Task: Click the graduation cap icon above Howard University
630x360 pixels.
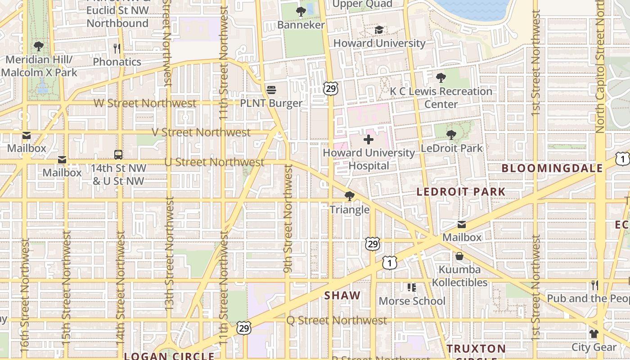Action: tap(379, 30)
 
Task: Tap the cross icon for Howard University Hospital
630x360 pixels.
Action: tap(369, 139)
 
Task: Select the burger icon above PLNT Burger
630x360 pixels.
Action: tap(271, 90)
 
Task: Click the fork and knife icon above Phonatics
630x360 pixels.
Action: tap(117, 48)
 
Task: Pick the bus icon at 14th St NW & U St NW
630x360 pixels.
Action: tap(118, 155)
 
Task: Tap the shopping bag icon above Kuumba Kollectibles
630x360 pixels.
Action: tap(459, 256)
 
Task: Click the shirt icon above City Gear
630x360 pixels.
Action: tap(594, 334)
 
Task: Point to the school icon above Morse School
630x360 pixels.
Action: tap(412, 288)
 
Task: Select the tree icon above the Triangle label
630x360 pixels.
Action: tap(349, 196)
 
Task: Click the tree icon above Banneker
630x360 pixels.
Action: tap(301, 12)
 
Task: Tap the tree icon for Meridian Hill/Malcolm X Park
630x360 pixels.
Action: tap(39, 46)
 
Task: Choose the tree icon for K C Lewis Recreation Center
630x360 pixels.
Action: tap(441, 78)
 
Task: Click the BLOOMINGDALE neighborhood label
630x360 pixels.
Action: tap(552, 168)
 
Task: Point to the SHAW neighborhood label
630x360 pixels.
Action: tap(342, 295)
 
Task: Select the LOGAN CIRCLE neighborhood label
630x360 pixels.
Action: tap(169, 356)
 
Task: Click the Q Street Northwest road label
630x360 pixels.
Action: tap(337, 320)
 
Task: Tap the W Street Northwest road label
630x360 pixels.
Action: tap(145, 103)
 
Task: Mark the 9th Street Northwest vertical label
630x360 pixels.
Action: tap(288, 218)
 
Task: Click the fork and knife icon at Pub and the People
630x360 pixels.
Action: tap(594, 285)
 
